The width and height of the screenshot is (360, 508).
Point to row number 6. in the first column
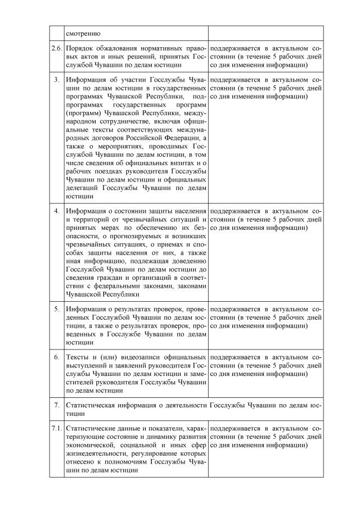(56, 357)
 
